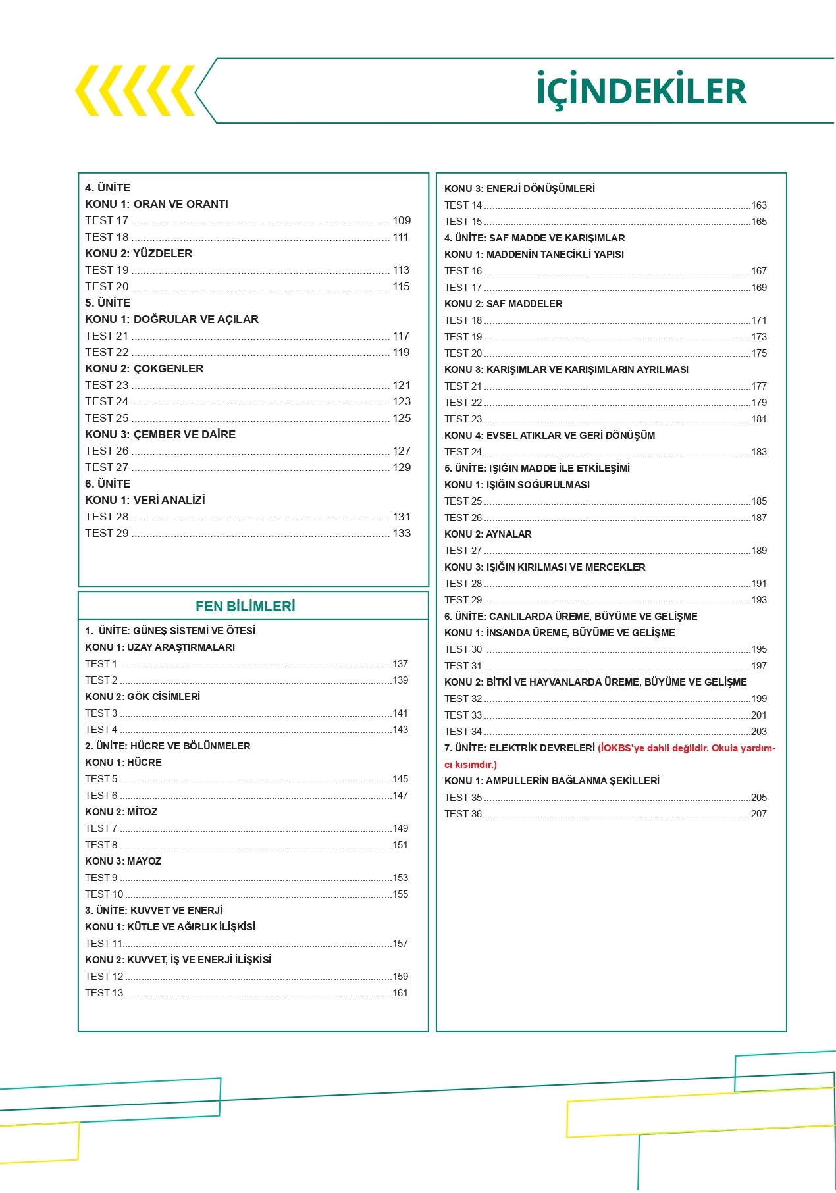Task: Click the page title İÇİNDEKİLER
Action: click(642, 91)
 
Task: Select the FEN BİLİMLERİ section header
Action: click(245, 607)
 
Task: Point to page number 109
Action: click(402, 221)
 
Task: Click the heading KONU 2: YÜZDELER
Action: click(138, 254)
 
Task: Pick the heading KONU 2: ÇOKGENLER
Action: click(144, 369)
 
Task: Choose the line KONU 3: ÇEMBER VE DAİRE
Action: click(160, 435)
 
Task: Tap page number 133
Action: click(402, 534)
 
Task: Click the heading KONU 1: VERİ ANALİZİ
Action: click(145, 501)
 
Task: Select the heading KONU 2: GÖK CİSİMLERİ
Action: click(142, 697)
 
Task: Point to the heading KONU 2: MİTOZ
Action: click(121, 812)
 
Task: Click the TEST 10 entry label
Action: click(104, 894)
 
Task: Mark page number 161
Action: click(400, 993)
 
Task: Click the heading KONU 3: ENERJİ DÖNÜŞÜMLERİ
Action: click(519, 189)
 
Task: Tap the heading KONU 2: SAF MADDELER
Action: click(503, 304)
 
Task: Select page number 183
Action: click(759, 452)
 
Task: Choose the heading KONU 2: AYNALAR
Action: click(488, 534)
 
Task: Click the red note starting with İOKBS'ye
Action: click(687, 748)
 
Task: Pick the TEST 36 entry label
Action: click(463, 814)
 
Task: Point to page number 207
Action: click(759, 814)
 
